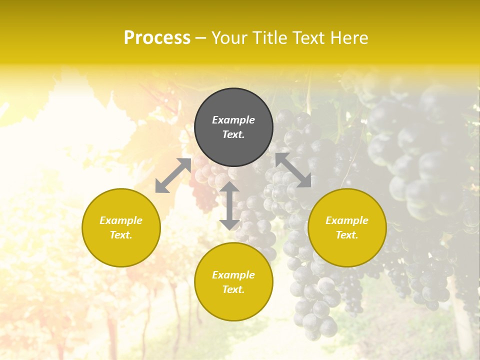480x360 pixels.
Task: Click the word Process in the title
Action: click(x=157, y=38)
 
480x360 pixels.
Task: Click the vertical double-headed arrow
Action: click(x=229, y=205)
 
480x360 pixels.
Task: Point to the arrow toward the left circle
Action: click(x=173, y=175)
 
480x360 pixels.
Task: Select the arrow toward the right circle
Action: click(x=293, y=170)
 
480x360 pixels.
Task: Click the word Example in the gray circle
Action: click(x=233, y=120)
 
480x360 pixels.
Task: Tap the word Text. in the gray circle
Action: click(x=233, y=134)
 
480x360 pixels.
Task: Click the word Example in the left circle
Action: click(x=121, y=220)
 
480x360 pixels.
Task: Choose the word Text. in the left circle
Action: click(x=121, y=235)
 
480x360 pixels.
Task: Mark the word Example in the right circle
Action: click(x=347, y=220)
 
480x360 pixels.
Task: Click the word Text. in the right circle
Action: click(x=347, y=235)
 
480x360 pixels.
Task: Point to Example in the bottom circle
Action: click(x=233, y=275)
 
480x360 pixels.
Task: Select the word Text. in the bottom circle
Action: click(x=233, y=289)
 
